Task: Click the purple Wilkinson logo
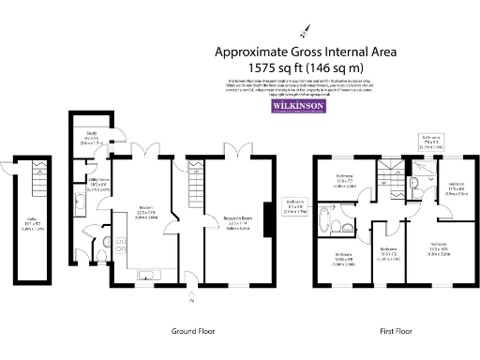298,107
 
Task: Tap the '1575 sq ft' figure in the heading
276,68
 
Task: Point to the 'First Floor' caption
398,332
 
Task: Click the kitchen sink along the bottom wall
150,279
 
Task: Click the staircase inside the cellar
38,171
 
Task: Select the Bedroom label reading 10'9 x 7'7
345,182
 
